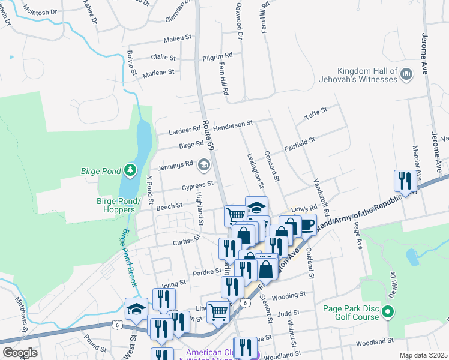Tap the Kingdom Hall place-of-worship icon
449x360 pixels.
[406, 73]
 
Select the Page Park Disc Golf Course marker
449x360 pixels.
[388, 312]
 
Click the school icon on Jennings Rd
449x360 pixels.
[204, 164]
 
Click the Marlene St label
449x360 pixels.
[158, 73]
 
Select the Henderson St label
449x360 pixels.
[234, 125]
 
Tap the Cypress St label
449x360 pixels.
[198, 185]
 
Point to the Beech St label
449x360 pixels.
[169, 206]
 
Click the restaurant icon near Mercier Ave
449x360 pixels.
[405, 181]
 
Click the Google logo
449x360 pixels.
[20, 353]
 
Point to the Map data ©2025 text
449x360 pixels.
[423, 355]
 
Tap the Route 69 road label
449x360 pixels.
[208, 134]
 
